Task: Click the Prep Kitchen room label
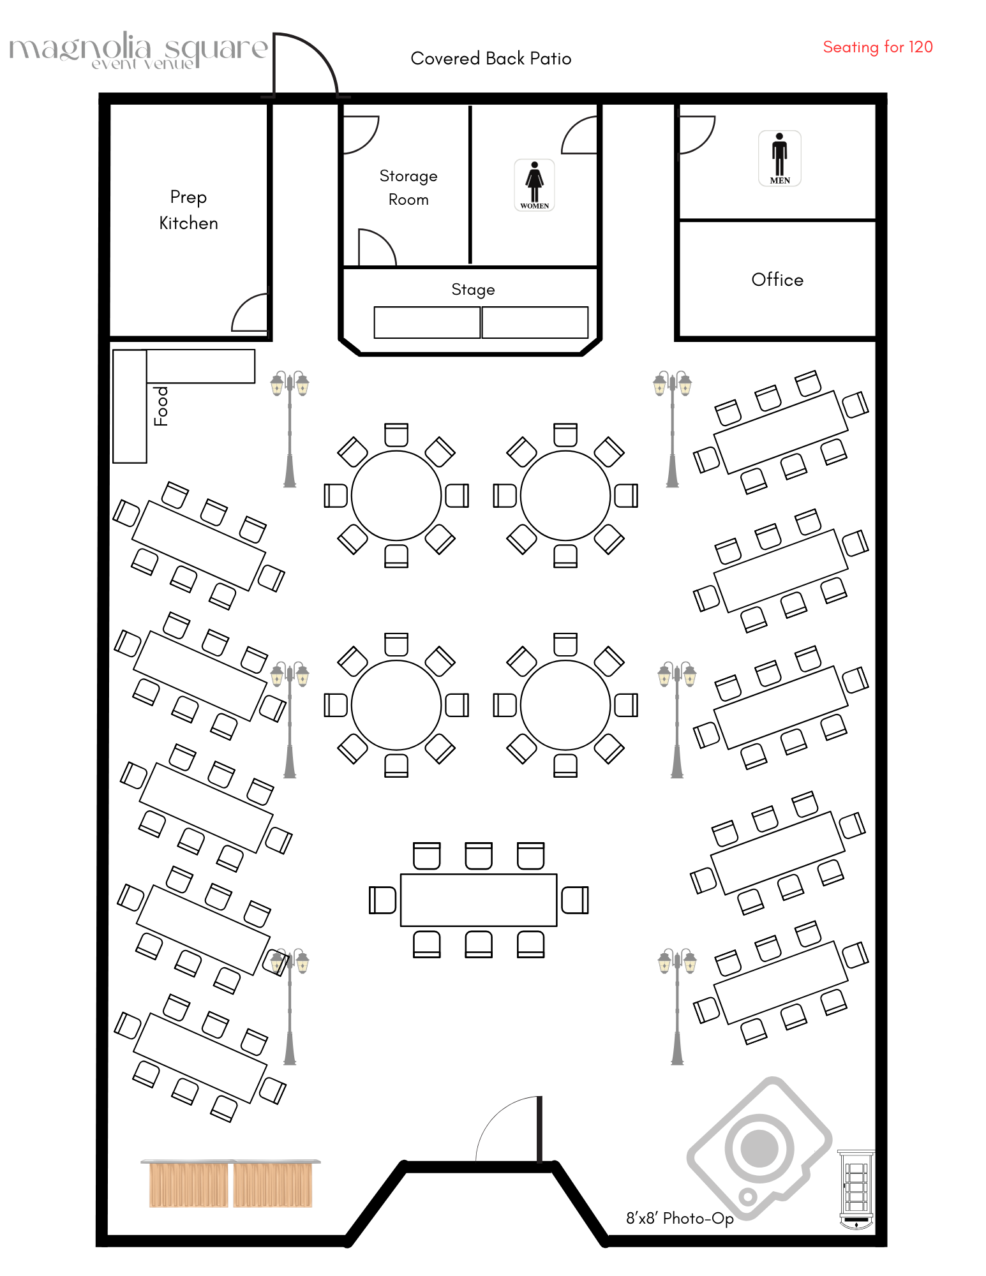(x=188, y=210)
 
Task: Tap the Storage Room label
(x=408, y=188)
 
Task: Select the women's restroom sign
(x=534, y=185)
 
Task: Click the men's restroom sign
(x=779, y=158)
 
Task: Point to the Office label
(x=777, y=279)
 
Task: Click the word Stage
(x=473, y=290)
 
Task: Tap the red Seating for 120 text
(x=878, y=47)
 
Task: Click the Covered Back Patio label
(x=491, y=59)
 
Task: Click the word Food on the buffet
(x=161, y=406)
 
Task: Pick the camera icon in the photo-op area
(x=759, y=1148)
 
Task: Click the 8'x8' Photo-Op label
(x=680, y=1219)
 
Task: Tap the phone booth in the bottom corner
(x=856, y=1190)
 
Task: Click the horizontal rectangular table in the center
(x=479, y=900)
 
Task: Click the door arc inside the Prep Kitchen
(x=249, y=313)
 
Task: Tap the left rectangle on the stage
(x=427, y=322)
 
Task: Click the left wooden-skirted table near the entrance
(x=188, y=1184)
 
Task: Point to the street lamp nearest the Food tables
(x=290, y=427)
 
